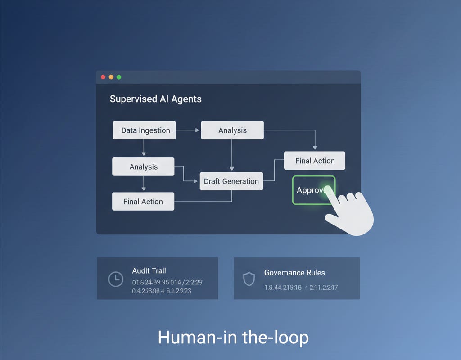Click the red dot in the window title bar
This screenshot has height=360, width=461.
point(103,77)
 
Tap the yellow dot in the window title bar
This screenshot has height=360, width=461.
point(111,77)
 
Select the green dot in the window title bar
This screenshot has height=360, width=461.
point(119,77)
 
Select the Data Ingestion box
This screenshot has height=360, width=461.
point(144,130)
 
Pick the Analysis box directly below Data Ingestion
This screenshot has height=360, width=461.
point(143,167)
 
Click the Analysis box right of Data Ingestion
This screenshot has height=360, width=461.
point(232,130)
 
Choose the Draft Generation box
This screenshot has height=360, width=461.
point(231,181)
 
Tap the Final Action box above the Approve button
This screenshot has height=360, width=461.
point(315,161)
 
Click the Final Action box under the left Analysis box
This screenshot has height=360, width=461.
point(143,202)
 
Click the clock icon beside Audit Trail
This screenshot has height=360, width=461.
point(116,279)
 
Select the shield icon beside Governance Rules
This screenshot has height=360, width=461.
point(249,279)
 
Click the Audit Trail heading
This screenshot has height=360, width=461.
point(149,270)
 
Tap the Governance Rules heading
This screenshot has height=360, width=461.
point(294,272)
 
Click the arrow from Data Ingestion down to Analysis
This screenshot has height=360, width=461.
point(144,148)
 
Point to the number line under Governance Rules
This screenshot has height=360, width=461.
point(301,287)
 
